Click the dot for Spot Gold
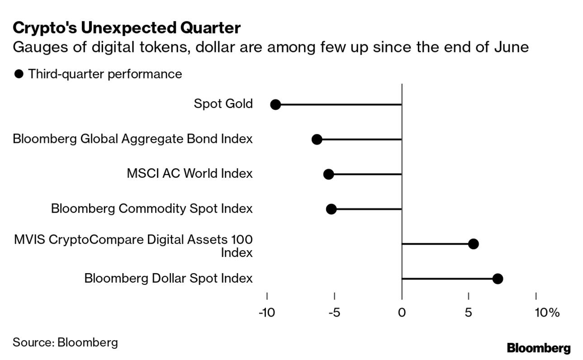click(275, 104)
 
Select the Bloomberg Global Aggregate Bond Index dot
click(317, 139)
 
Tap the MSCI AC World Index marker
click(329, 174)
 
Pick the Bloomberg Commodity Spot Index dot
click(331, 209)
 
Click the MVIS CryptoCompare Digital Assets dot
click(473, 244)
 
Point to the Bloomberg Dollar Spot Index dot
click(498, 279)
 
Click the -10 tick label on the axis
click(266, 313)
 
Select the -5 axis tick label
click(334, 313)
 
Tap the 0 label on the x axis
click(402, 313)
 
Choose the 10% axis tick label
click(547, 313)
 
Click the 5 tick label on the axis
click(469, 313)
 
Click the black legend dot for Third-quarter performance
click(19, 74)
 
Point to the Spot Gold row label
click(223, 104)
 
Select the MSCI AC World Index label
click(190, 174)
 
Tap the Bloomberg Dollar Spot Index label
click(168, 278)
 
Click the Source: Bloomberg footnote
click(65, 342)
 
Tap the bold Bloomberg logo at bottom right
click(539, 348)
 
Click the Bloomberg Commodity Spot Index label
click(152, 208)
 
